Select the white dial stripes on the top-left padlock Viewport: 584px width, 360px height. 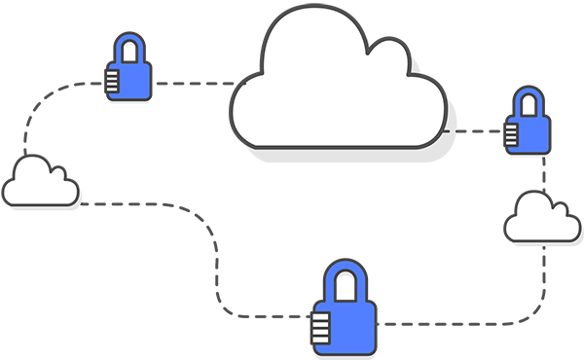[112, 82]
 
